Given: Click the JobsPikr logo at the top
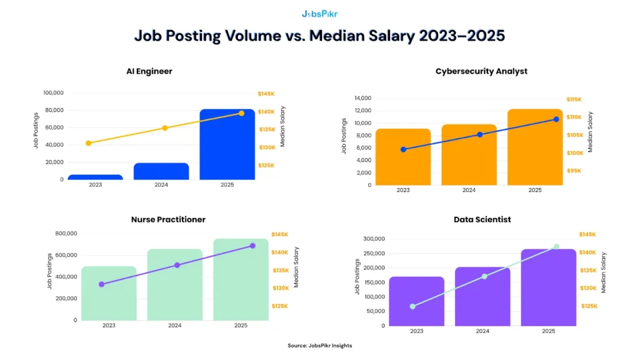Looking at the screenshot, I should pyautogui.click(x=319, y=13).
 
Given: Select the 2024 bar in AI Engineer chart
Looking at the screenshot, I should pyautogui.click(x=161, y=172).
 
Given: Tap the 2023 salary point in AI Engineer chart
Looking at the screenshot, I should pyautogui.click(x=88, y=143).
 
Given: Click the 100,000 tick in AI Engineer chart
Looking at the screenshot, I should pyautogui.click(x=53, y=93).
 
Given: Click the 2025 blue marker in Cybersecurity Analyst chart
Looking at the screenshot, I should pyautogui.click(x=556, y=119).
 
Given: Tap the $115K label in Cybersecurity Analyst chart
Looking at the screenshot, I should pyautogui.click(x=574, y=99).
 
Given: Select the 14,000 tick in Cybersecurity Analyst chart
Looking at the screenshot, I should pyautogui.click(x=362, y=98).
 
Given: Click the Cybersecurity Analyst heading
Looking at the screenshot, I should pyautogui.click(x=481, y=71).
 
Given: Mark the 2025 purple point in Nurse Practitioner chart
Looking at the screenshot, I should pyautogui.click(x=252, y=246).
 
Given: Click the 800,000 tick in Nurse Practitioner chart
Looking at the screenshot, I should pyautogui.click(x=66, y=234).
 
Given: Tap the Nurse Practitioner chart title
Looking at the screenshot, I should pyautogui.click(x=168, y=219).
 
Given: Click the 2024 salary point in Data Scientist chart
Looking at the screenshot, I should pyautogui.click(x=484, y=276).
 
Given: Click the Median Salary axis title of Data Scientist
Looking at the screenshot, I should pyautogui.click(x=604, y=272).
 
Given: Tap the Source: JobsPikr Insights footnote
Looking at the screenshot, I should pyautogui.click(x=319, y=346).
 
